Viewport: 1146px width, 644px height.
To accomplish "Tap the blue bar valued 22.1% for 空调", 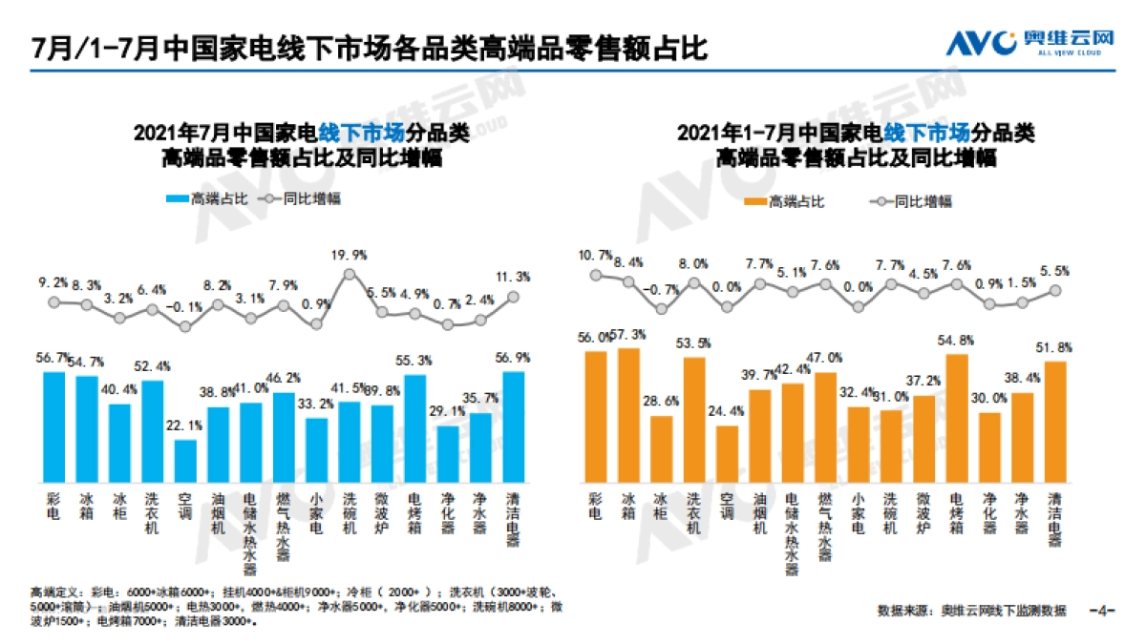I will click(x=185, y=460).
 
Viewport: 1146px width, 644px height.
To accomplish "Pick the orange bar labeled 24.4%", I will click(x=727, y=453).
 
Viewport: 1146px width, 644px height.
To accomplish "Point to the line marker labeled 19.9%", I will click(x=349, y=274).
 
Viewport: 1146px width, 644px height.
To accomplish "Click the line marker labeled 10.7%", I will click(x=596, y=275).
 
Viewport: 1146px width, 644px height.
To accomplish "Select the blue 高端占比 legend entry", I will click(x=206, y=199).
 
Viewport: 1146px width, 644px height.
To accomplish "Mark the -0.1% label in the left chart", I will click(x=185, y=307).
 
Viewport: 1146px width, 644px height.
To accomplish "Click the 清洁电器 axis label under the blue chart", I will click(x=514, y=519).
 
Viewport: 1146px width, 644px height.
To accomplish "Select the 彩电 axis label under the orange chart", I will click(x=596, y=506).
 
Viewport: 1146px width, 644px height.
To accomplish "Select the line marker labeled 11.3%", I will click(x=513, y=296).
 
